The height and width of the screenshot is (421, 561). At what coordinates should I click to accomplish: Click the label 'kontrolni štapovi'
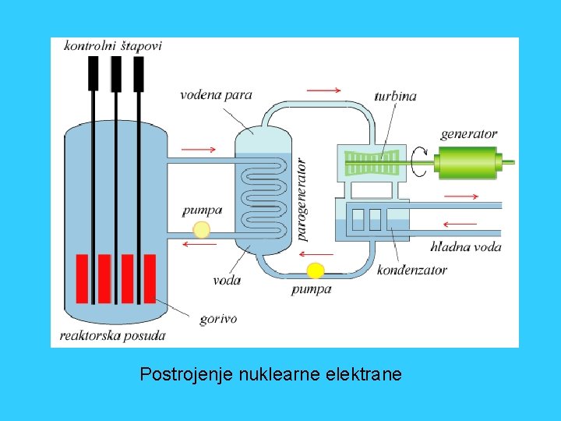[x=113, y=46]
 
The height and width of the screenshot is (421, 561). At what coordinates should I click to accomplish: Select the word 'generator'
[x=468, y=134]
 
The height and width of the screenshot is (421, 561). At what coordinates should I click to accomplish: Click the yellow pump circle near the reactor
[x=201, y=228]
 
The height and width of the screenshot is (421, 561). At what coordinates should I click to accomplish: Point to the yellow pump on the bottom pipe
[x=315, y=271]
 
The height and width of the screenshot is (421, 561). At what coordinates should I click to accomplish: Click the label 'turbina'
[x=395, y=97]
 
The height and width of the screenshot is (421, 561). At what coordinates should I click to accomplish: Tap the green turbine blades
[x=372, y=162]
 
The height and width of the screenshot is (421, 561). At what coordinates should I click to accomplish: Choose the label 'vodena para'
[x=216, y=96]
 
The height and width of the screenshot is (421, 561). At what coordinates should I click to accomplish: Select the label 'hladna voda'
[x=466, y=247]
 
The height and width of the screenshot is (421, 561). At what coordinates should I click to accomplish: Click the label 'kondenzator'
[x=411, y=270]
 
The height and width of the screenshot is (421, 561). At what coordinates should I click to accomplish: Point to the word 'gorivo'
[x=218, y=318]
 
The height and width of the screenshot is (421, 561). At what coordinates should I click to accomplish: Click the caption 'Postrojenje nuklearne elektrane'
[x=271, y=375]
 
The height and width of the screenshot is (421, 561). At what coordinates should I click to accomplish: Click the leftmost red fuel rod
[x=82, y=278]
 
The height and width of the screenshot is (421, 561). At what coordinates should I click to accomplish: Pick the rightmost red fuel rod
[x=149, y=278]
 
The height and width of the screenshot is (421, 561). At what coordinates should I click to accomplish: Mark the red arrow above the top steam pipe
[x=323, y=90]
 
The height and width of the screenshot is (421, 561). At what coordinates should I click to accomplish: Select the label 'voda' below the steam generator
[x=227, y=279]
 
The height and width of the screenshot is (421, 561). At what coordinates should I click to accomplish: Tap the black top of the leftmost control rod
[x=93, y=72]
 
